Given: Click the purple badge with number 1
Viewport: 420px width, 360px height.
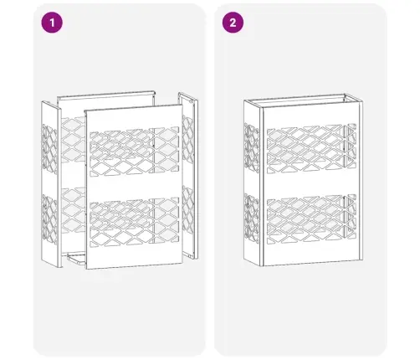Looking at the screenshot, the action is (52, 23).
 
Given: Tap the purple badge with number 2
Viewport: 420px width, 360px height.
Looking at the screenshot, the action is (233, 23).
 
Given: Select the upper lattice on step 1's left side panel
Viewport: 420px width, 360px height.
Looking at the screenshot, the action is (49, 148).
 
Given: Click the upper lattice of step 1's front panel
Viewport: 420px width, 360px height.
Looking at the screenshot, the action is (135, 152).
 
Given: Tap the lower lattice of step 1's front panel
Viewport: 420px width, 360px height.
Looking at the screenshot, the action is (135, 223).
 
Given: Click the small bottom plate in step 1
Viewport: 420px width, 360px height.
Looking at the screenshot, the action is (77, 259).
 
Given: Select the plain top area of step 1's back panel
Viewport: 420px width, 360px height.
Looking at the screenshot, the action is (106, 107).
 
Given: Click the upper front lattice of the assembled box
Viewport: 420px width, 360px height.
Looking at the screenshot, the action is (311, 148).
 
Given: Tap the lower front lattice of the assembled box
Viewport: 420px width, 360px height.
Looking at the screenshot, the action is (311, 219).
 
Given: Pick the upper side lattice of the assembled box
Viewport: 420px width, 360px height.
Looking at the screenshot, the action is (252, 148).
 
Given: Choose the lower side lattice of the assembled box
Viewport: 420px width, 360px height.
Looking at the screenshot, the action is (252, 219).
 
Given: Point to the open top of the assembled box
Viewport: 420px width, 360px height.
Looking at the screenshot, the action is (303, 100).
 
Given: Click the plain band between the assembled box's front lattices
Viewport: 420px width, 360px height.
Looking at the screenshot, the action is (311, 183).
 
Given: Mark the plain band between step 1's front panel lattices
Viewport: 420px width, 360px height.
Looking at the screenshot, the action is (135, 187).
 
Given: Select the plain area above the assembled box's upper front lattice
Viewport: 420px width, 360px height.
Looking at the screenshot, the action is (311, 115).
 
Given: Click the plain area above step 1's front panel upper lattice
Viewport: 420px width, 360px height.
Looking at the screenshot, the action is (134, 118).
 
